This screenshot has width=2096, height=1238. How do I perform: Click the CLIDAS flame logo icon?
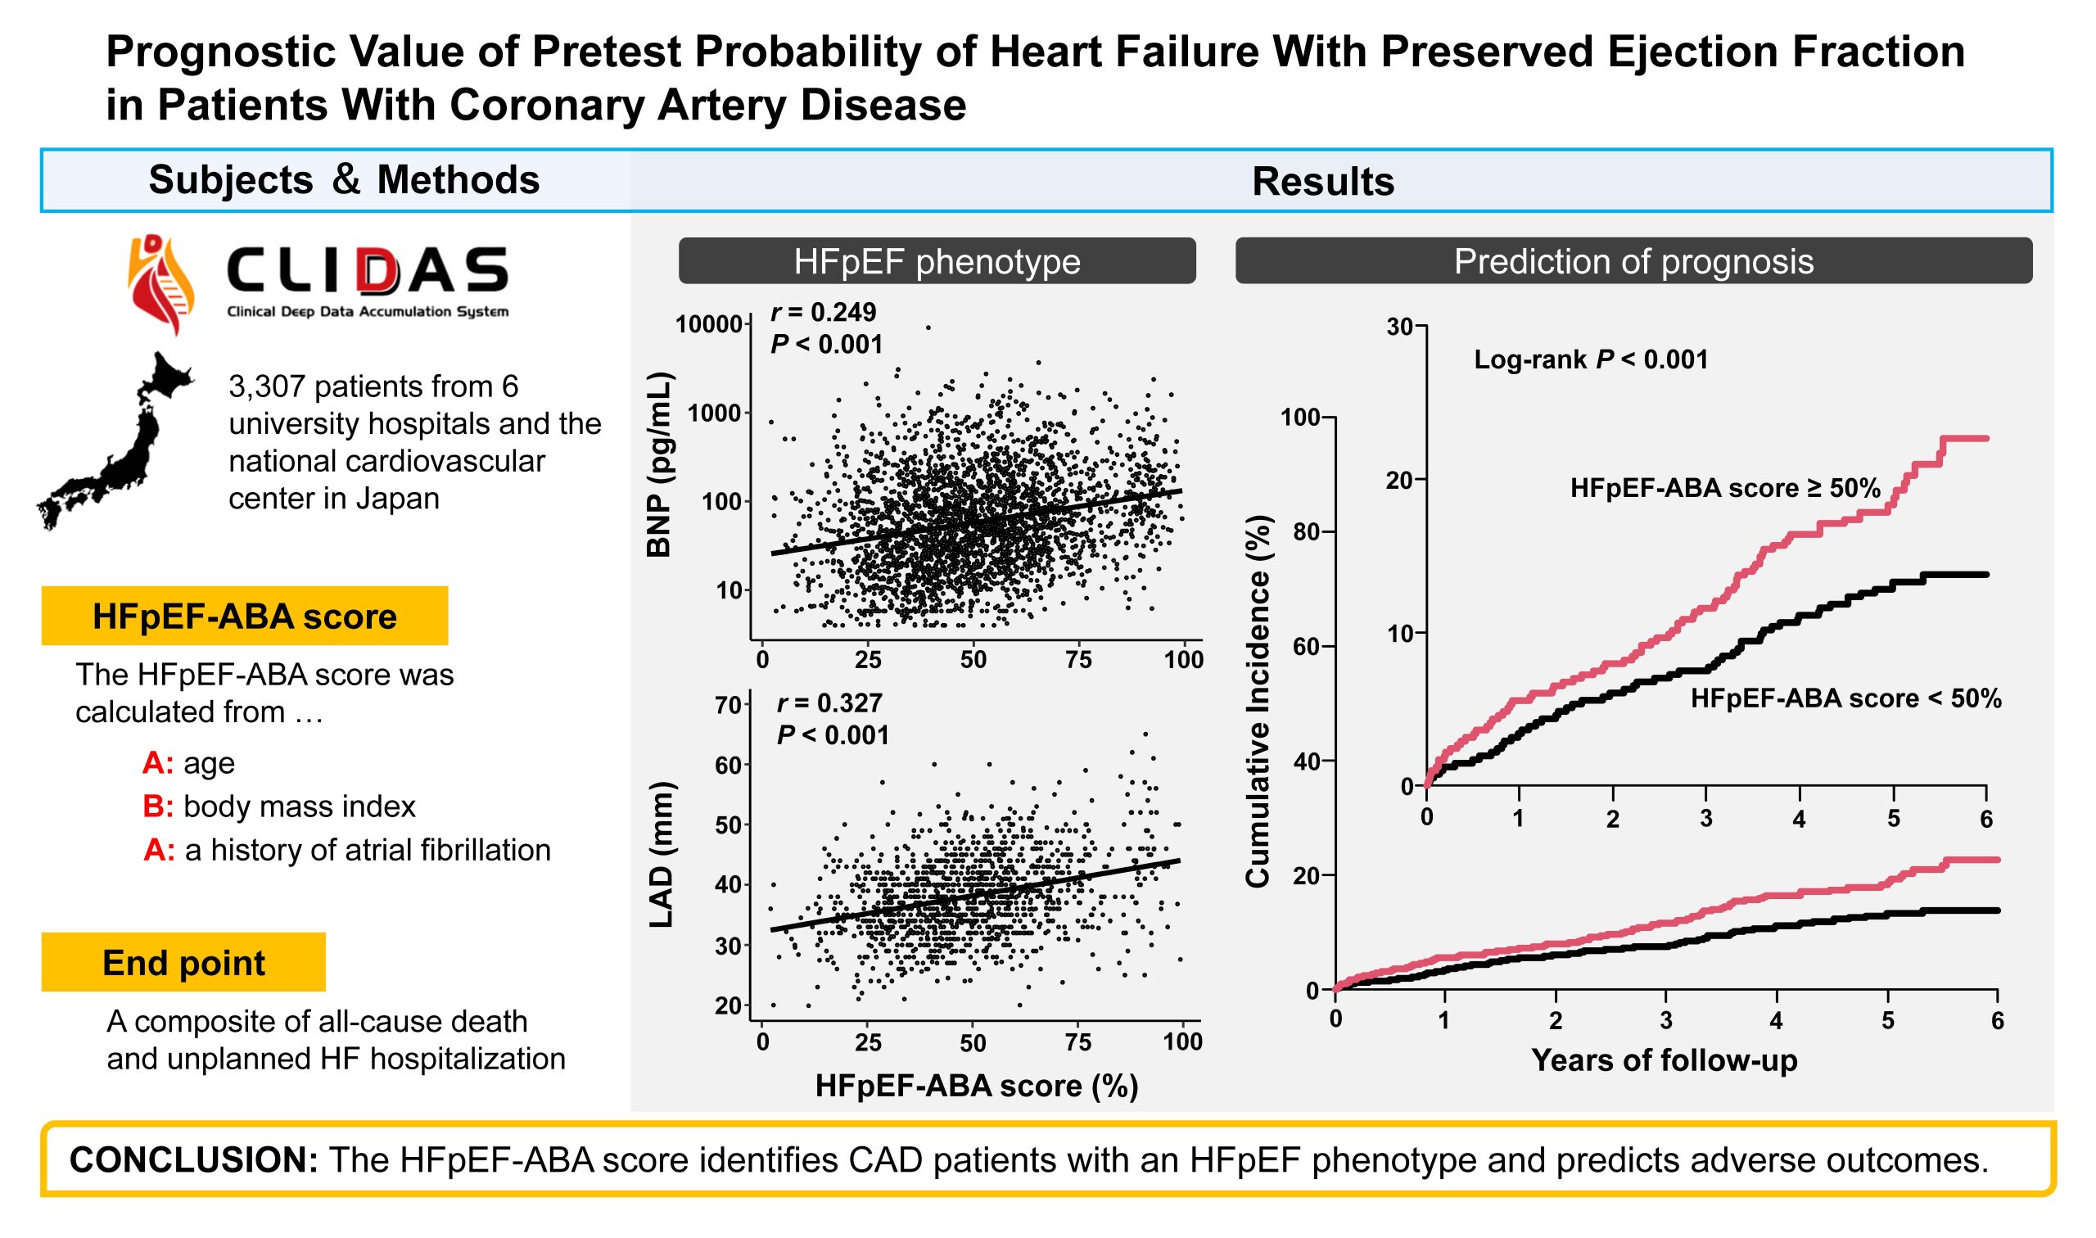pos(161,284)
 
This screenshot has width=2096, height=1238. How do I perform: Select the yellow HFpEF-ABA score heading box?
pos(244,616)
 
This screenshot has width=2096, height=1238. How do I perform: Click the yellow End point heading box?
pos(183,962)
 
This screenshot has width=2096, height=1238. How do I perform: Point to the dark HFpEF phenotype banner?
pos(937,261)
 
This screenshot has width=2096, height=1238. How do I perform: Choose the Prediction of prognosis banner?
pos(1633,261)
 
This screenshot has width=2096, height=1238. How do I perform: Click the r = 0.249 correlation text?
pos(823,312)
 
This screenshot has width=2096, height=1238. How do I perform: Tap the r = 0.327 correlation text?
pos(829,703)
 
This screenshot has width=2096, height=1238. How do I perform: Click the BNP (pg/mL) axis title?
pos(659,465)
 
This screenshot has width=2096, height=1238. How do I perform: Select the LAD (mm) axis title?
pos(661,854)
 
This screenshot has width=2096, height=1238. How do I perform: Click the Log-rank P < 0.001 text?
pos(1591,359)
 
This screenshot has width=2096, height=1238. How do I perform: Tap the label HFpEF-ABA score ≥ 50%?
pos(1725,488)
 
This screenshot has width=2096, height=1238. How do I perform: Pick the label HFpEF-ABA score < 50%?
pos(1845,698)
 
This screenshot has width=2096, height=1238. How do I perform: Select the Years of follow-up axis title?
pos(1665,1060)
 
